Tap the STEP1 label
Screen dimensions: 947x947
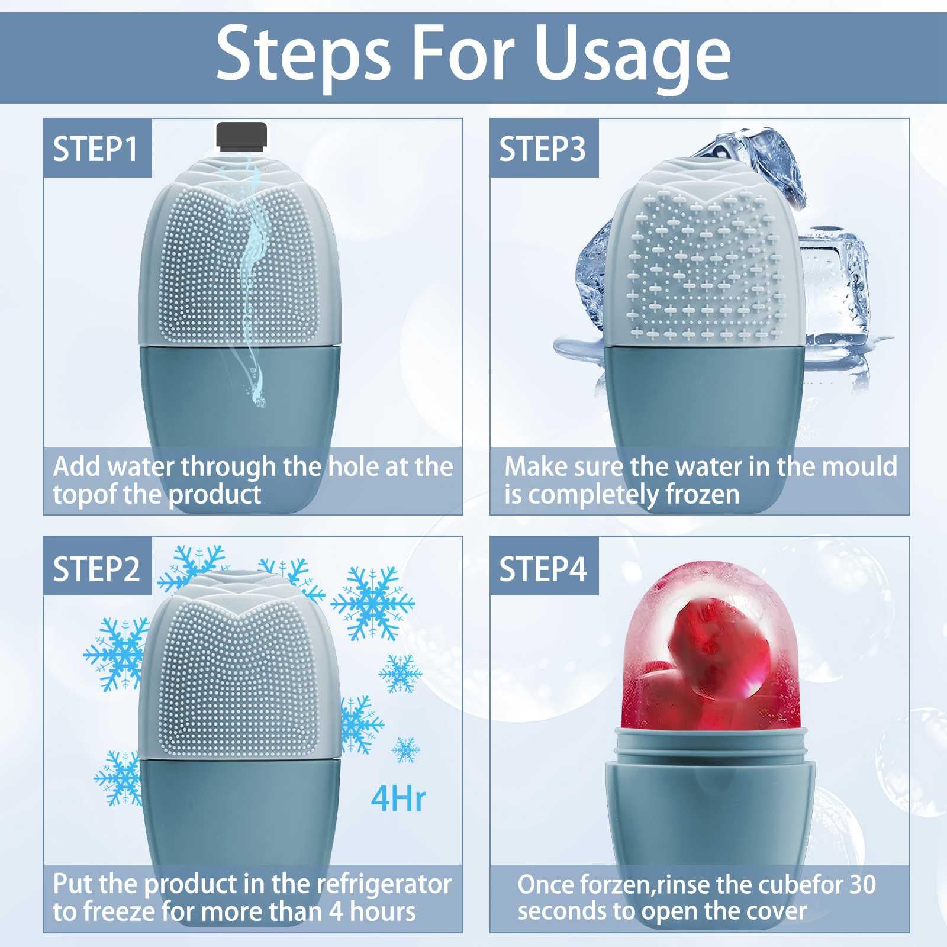coord(95,149)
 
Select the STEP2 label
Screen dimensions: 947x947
coord(96,569)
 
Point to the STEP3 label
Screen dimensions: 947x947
coord(542,149)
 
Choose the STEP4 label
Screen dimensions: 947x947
coord(543,569)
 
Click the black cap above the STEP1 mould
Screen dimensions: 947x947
coord(242,136)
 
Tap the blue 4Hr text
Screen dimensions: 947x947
coord(398,798)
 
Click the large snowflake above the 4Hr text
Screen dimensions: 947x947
coord(373,604)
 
